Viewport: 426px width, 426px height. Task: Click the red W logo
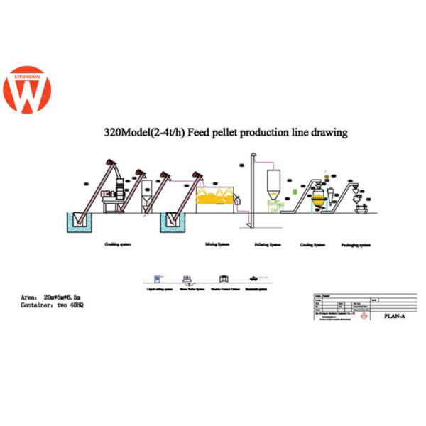(26, 90)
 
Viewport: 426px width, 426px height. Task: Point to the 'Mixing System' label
(217, 244)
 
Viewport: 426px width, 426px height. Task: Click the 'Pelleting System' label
(268, 244)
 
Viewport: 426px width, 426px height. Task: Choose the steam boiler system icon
(189, 278)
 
